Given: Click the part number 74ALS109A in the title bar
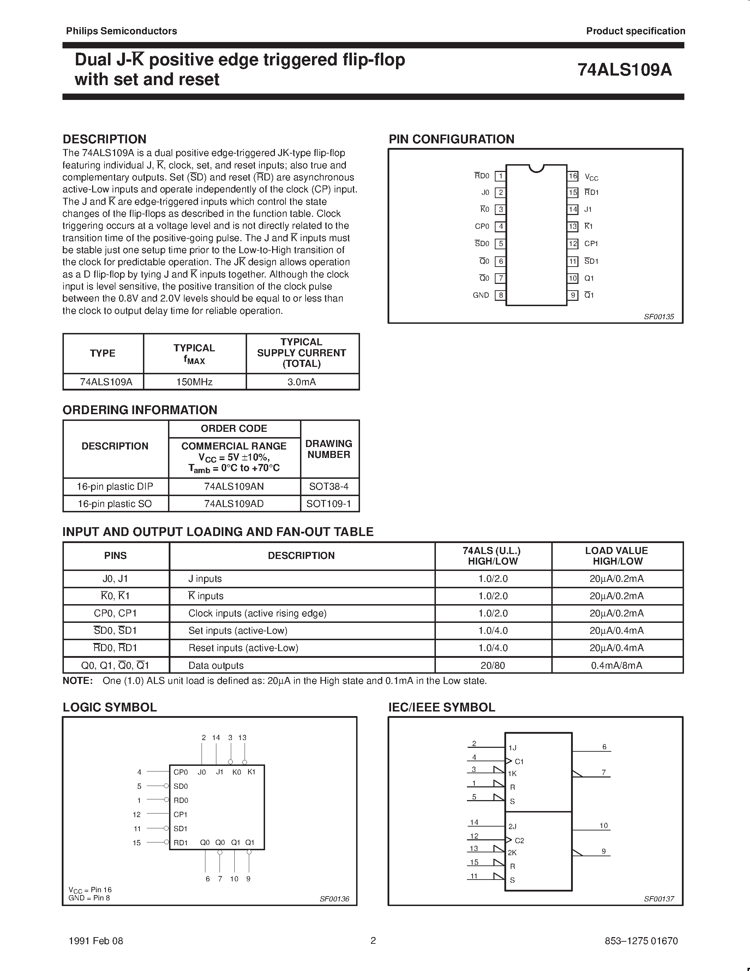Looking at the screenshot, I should tap(624, 70).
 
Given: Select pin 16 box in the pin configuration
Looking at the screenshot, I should tap(573, 176).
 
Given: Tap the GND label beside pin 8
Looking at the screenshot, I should tap(481, 295).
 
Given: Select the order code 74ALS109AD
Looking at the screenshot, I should tap(234, 504).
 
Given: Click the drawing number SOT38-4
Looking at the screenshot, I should tap(329, 487).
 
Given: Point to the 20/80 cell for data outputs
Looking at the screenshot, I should tap(493, 666).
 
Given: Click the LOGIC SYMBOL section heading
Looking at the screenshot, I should tap(110, 707).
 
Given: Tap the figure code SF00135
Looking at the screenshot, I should tap(659, 317).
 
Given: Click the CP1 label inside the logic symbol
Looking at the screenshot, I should tap(180, 815).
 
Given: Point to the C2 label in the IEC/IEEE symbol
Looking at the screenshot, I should tap(519, 841).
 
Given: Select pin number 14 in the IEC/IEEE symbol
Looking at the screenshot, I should tap(474, 822).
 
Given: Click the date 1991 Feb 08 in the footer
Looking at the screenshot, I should tap(96, 941).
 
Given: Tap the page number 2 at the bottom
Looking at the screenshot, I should tap(373, 940).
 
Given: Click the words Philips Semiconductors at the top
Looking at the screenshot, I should tap(121, 31).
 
